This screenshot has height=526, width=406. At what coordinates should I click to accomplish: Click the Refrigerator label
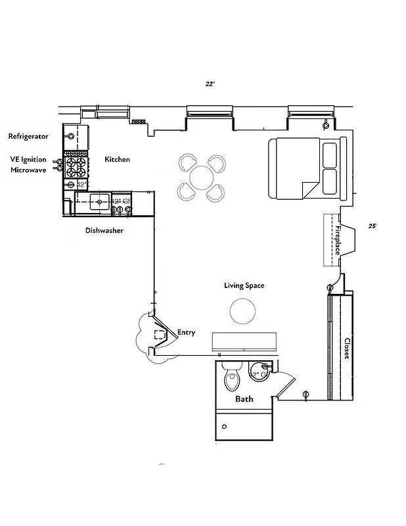[x=28, y=136]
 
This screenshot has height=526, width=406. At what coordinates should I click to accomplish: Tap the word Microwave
[x=28, y=170]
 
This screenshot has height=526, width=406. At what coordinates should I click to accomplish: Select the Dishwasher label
[x=104, y=231]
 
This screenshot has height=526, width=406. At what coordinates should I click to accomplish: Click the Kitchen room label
[x=118, y=160]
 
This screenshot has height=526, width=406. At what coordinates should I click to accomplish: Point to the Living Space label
[x=244, y=285]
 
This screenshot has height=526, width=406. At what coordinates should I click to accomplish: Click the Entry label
[x=186, y=333]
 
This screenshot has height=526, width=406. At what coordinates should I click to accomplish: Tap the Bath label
[x=244, y=399]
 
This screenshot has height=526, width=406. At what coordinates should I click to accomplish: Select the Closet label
[x=347, y=348]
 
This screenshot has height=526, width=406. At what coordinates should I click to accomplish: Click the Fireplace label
[x=338, y=241]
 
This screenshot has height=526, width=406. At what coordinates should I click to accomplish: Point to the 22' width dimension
[x=210, y=84]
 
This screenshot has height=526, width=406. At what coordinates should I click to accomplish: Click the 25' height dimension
[x=372, y=226]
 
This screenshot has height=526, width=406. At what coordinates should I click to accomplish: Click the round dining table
[x=201, y=178]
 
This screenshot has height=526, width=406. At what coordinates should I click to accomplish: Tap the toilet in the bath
[x=231, y=377]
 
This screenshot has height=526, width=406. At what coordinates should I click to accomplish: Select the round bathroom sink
[x=258, y=372]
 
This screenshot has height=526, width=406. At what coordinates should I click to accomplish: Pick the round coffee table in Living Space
[x=242, y=311]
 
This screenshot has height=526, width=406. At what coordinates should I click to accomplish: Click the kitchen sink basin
[x=99, y=201]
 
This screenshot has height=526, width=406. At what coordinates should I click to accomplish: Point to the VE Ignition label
[x=28, y=159]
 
